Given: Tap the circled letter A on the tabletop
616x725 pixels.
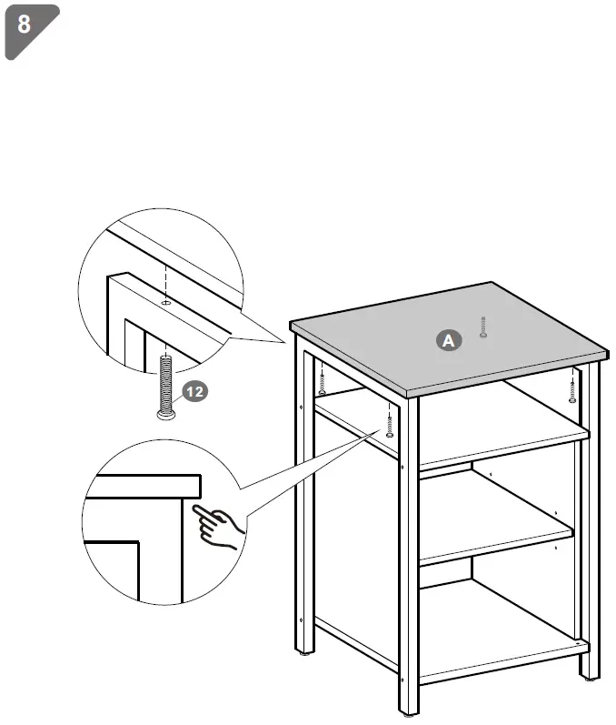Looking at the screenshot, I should [447, 340].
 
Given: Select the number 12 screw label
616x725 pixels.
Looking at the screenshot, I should [195, 391].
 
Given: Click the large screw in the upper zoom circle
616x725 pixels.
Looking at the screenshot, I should [165, 382].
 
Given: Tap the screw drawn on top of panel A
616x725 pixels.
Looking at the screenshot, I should [483, 327].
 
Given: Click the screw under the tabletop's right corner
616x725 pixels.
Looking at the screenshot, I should [571, 388].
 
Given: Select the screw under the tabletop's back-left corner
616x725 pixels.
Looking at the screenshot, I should [323, 378].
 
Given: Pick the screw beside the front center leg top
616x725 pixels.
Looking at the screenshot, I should [390, 421].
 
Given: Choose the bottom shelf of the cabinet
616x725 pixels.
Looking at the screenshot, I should [495, 628].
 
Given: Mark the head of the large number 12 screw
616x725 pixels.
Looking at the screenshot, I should [165, 414].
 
